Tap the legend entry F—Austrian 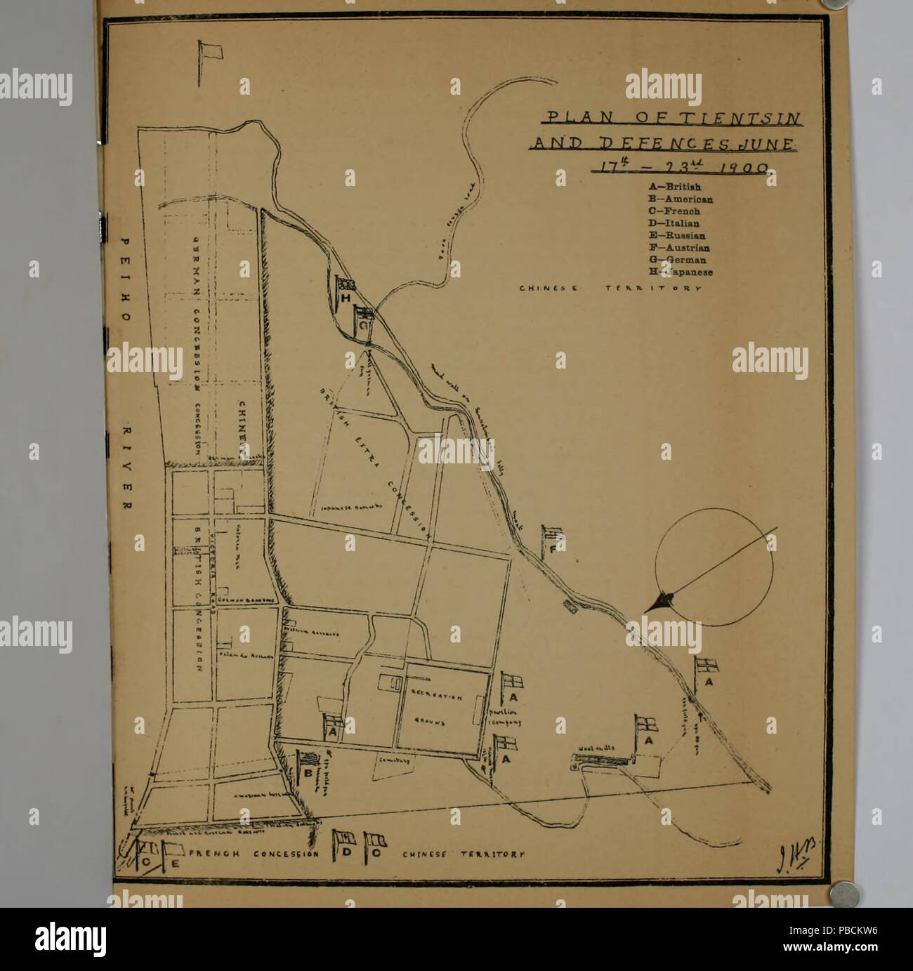click(x=679, y=248)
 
